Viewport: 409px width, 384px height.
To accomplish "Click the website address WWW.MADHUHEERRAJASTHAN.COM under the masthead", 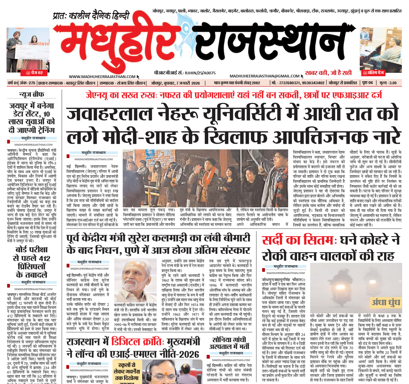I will tap(102, 77).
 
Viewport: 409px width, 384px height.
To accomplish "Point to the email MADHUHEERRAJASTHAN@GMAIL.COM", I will tap(264, 76).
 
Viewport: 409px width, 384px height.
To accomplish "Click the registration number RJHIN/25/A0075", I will tap(200, 73).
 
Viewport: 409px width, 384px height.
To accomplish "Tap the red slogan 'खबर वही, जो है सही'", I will tap(328, 73).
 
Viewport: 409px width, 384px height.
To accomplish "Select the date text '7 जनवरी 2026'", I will tap(188, 83).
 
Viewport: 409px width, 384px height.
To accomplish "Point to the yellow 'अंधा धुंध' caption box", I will tap(386, 302).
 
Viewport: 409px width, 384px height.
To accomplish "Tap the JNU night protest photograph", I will tap(205, 178).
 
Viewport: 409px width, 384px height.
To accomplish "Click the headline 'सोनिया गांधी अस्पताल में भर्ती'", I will tap(229, 343).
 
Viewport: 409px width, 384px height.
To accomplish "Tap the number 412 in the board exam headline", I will tap(45, 258).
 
